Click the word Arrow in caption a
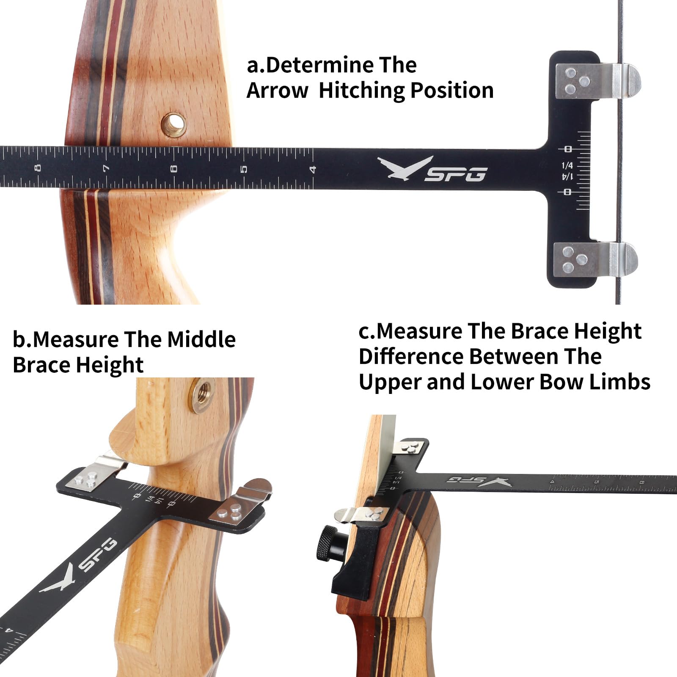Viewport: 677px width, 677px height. tap(278, 91)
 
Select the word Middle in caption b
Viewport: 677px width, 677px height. tap(201, 339)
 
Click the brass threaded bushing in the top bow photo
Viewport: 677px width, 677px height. tap(173, 124)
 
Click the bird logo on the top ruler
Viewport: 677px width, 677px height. tap(404, 168)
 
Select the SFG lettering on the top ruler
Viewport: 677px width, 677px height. tap(456, 174)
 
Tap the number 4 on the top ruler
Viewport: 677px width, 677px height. tap(313, 169)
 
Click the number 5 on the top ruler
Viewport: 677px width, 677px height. tap(244, 169)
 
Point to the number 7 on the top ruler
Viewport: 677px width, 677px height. tap(106, 169)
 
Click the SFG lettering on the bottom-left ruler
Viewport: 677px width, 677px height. tap(98, 554)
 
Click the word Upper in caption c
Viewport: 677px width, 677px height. tap(390, 382)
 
